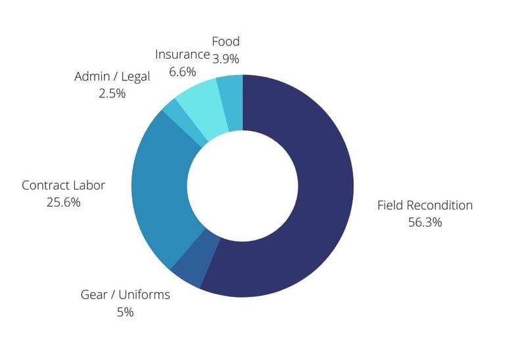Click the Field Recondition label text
[x=425, y=205]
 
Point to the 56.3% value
[x=425, y=222]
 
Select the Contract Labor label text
[x=63, y=186]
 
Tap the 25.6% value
[x=63, y=203]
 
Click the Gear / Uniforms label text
[x=125, y=295]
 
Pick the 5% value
[x=125, y=312]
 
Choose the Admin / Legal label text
[x=112, y=76]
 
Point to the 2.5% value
[x=112, y=93]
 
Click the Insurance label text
[x=182, y=54]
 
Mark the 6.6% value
[x=182, y=71]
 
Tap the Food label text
[x=226, y=41]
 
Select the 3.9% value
[x=226, y=59]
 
